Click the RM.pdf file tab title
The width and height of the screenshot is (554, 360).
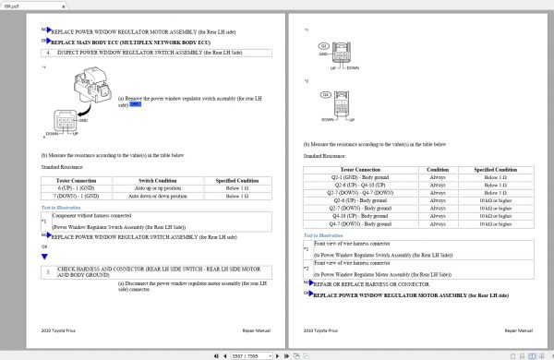coord(10,4)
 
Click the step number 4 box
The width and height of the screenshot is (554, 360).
coord(49,53)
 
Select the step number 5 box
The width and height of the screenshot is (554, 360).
coord(49,271)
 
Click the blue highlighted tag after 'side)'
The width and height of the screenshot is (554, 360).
coord(135,105)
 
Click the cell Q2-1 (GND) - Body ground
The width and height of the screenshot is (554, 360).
coord(360,176)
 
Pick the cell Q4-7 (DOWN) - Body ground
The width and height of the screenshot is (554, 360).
coord(360,223)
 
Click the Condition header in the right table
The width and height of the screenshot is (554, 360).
coord(438,169)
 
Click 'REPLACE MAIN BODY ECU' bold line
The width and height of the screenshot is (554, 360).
coord(130,42)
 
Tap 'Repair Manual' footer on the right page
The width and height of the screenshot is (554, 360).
coord(519,330)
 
